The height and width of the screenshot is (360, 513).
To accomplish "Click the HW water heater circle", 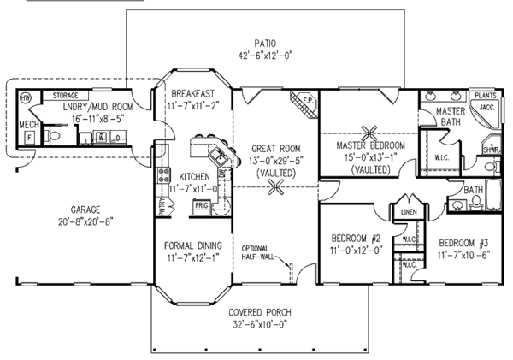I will pyautogui.click(x=25, y=97).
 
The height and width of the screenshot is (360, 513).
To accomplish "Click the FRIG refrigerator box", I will pyautogui.click(x=201, y=205).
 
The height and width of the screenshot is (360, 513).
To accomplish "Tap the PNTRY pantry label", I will pyautogui.click(x=161, y=205).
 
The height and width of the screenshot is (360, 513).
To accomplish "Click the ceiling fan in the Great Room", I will pyautogui.click(x=274, y=189).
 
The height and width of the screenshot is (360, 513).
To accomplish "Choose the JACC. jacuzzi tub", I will pyautogui.click(x=485, y=109).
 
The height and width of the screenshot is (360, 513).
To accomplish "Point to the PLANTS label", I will pyautogui.click(x=485, y=96).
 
